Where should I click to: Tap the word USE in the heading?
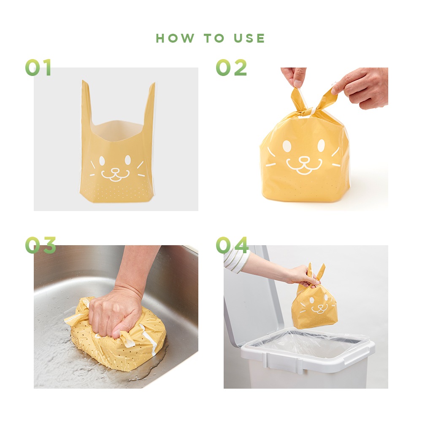[x=249, y=38]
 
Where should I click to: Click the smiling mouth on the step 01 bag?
[x=115, y=176]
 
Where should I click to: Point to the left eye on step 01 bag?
[x=102, y=161]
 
